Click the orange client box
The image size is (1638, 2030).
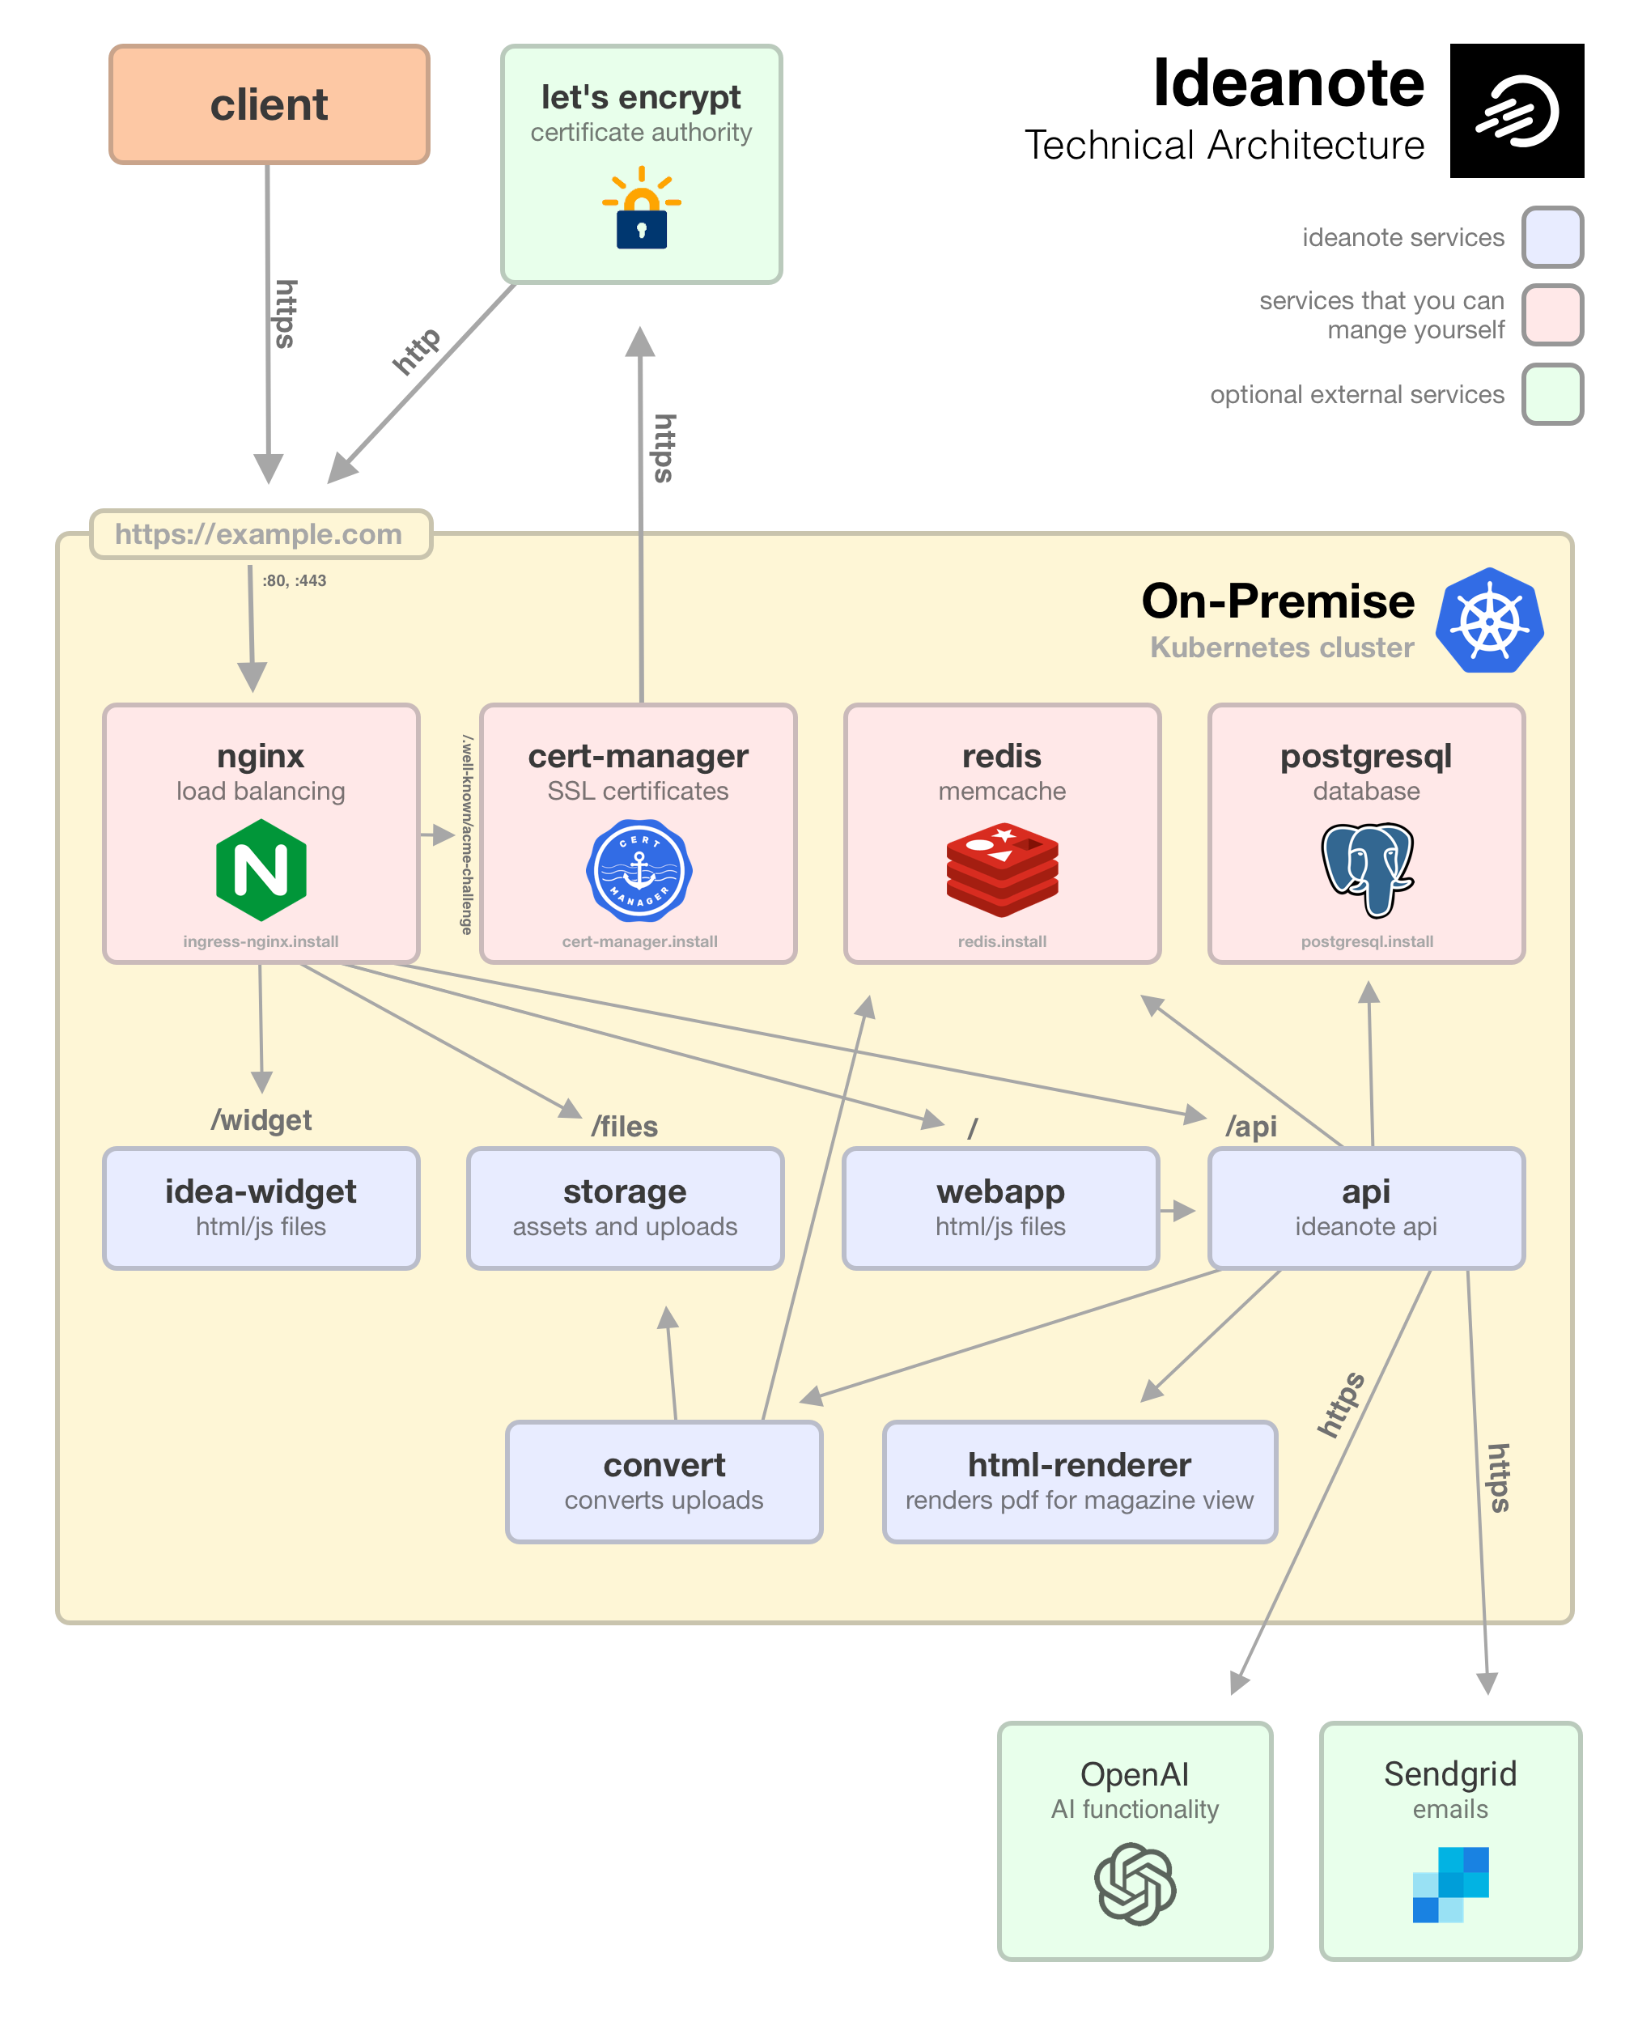269,104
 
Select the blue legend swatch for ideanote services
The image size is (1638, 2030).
1551,237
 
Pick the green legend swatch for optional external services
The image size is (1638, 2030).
1551,393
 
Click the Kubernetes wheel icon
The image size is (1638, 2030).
1489,621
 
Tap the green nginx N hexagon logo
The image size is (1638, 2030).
261,869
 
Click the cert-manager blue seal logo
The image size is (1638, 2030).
639,870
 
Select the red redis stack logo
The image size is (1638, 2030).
1002,869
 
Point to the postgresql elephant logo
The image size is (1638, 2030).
1366,869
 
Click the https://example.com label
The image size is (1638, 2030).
260,534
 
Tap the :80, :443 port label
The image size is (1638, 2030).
295,580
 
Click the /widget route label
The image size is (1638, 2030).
261,1120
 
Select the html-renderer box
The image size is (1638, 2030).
1080,1480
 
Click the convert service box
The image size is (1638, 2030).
664,1480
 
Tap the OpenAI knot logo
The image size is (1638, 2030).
1135,1883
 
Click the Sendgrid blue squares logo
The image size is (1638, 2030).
1450,1883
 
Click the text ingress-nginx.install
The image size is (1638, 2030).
261,941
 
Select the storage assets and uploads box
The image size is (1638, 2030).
625,1208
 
